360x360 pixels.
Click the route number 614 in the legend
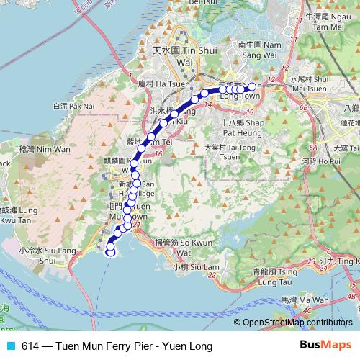tap(30, 346)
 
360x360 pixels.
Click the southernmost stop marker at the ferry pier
tap(111, 251)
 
